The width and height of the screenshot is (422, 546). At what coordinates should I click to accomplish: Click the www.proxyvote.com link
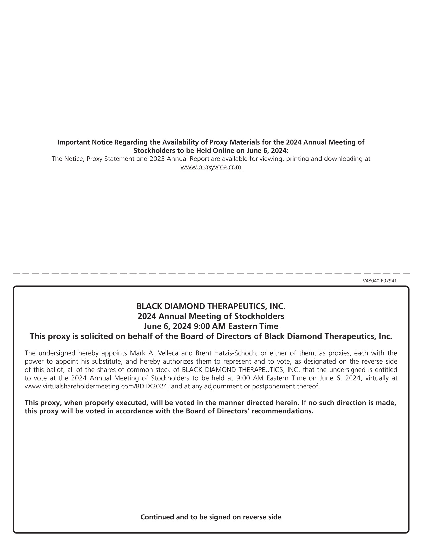coord(211,167)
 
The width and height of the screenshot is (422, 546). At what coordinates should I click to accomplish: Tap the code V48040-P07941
coord(380,281)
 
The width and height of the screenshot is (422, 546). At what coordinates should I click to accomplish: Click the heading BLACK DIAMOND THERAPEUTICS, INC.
coord(211,306)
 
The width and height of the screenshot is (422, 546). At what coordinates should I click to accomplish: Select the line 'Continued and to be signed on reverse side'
coord(211,517)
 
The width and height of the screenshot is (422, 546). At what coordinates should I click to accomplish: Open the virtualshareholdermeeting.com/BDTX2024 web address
coord(98,386)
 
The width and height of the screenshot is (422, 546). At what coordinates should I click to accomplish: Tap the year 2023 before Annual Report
coord(157,159)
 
